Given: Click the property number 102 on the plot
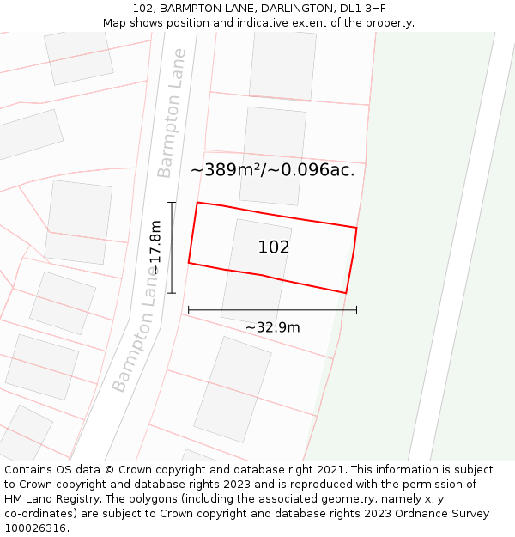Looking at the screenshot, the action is coord(274,247).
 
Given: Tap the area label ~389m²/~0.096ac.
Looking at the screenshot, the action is coord(272,170).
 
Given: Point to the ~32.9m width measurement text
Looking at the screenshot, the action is coord(272,327).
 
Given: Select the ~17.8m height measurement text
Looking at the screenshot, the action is coord(155,247).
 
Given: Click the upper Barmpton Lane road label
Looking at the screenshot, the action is coord(172,113).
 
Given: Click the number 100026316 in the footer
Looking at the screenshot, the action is coord(34,528).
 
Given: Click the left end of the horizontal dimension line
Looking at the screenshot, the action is coord(188,310).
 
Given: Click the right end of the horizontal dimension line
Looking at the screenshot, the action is coord(356,310).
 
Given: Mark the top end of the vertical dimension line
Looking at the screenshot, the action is coord(172,203).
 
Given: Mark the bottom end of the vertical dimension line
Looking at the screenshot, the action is coord(172,294).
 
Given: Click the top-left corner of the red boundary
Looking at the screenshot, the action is coord(197,203).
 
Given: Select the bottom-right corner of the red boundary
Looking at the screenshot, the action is coord(346,293).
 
